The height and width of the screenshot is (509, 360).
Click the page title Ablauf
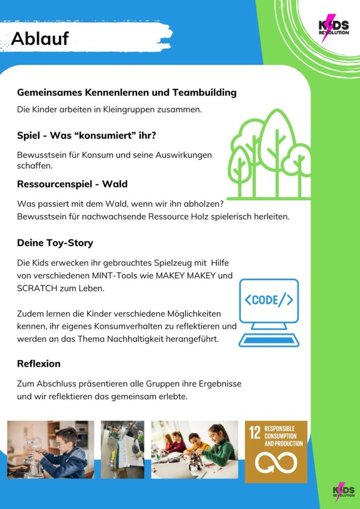(x=40, y=38)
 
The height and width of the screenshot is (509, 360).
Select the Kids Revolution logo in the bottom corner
(x=344, y=492)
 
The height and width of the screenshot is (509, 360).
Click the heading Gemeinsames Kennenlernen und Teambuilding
(x=127, y=92)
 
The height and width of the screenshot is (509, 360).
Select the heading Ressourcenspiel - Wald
(x=72, y=184)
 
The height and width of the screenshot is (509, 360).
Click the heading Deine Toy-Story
(x=55, y=243)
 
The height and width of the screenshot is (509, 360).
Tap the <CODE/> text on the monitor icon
(x=269, y=300)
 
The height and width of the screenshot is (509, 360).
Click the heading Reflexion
(x=39, y=364)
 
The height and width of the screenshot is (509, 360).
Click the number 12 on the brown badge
(x=255, y=432)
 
